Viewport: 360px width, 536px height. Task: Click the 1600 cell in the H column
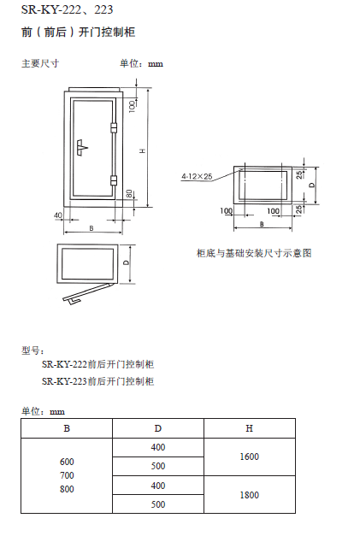click(x=249, y=456)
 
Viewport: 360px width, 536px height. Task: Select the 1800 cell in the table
click(x=249, y=495)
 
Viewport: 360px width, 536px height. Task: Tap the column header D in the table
click(x=158, y=428)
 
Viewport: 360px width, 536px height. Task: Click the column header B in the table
click(x=67, y=428)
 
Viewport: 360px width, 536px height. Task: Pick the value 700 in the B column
click(x=67, y=475)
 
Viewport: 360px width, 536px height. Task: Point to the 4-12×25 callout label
click(x=197, y=176)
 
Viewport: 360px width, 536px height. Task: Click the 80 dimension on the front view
click(x=129, y=194)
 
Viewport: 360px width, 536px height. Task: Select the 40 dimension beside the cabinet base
click(x=58, y=215)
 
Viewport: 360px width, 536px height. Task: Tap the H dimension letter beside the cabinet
click(x=144, y=150)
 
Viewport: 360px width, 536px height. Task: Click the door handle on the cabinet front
click(x=83, y=148)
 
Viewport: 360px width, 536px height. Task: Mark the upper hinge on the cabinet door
click(x=114, y=127)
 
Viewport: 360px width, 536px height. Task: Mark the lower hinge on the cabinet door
click(x=114, y=180)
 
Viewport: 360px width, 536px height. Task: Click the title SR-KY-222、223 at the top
click(x=67, y=9)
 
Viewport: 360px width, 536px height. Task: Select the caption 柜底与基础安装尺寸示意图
click(x=254, y=253)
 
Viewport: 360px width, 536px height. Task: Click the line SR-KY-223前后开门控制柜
click(x=97, y=381)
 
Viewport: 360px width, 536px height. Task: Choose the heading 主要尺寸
click(x=40, y=63)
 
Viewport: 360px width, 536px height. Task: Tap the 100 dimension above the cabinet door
click(x=133, y=106)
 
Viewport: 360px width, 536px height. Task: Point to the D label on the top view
click(x=127, y=262)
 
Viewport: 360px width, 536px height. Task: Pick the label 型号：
click(x=32, y=350)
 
